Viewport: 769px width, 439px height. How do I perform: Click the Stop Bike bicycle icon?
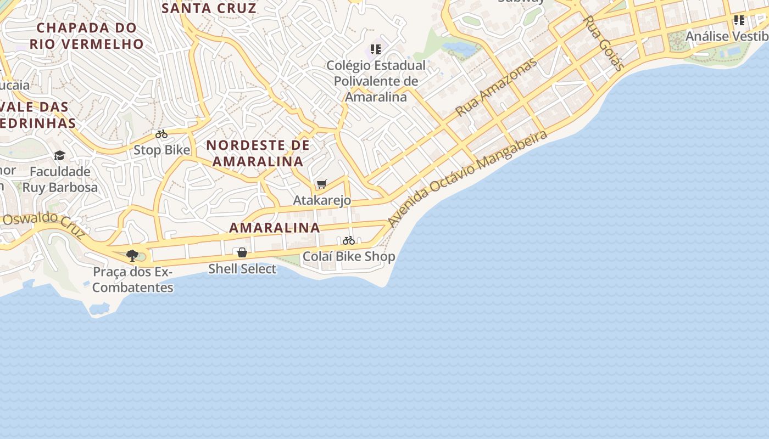click(161, 134)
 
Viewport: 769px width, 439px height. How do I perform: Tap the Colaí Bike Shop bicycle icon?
click(349, 240)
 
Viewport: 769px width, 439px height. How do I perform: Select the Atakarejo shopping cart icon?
click(322, 184)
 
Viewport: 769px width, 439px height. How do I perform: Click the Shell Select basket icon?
click(242, 252)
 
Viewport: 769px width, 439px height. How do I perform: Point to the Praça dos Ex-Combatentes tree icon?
click(132, 255)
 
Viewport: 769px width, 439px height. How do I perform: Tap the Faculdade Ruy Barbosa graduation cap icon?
click(59, 156)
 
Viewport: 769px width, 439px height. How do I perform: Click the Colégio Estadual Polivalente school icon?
click(376, 49)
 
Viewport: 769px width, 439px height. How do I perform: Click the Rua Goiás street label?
click(603, 43)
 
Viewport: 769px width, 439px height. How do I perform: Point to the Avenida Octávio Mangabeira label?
click(467, 178)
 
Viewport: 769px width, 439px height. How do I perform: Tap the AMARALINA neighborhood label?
click(274, 227)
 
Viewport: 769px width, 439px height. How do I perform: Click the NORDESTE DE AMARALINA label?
click(258, 153)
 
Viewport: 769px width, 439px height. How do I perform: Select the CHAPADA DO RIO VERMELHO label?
click(87, 36)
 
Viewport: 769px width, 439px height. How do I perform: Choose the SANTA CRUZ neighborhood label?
click(209, 8)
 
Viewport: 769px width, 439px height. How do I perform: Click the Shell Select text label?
click(242, 269)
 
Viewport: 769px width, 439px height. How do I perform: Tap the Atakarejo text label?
click(322, 200)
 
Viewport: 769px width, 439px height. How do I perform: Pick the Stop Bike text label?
click(161, 150)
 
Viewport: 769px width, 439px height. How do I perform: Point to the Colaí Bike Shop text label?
click(349, 256)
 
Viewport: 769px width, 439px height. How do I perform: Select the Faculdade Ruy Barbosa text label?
click(60, 179)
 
